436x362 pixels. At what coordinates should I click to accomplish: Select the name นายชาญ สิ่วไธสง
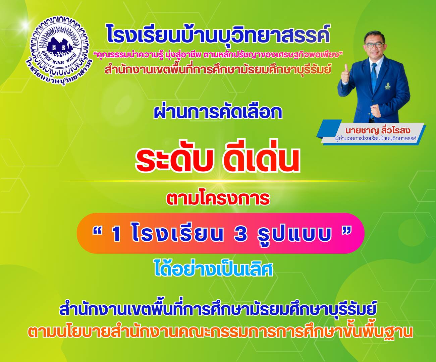(x=378, y=131)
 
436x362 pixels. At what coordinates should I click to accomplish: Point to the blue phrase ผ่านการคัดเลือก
(x=218, y=113)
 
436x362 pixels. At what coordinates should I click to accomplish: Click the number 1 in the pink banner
(x=116, y=234)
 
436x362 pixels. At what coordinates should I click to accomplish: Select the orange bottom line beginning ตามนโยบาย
(x=220, y=332)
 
